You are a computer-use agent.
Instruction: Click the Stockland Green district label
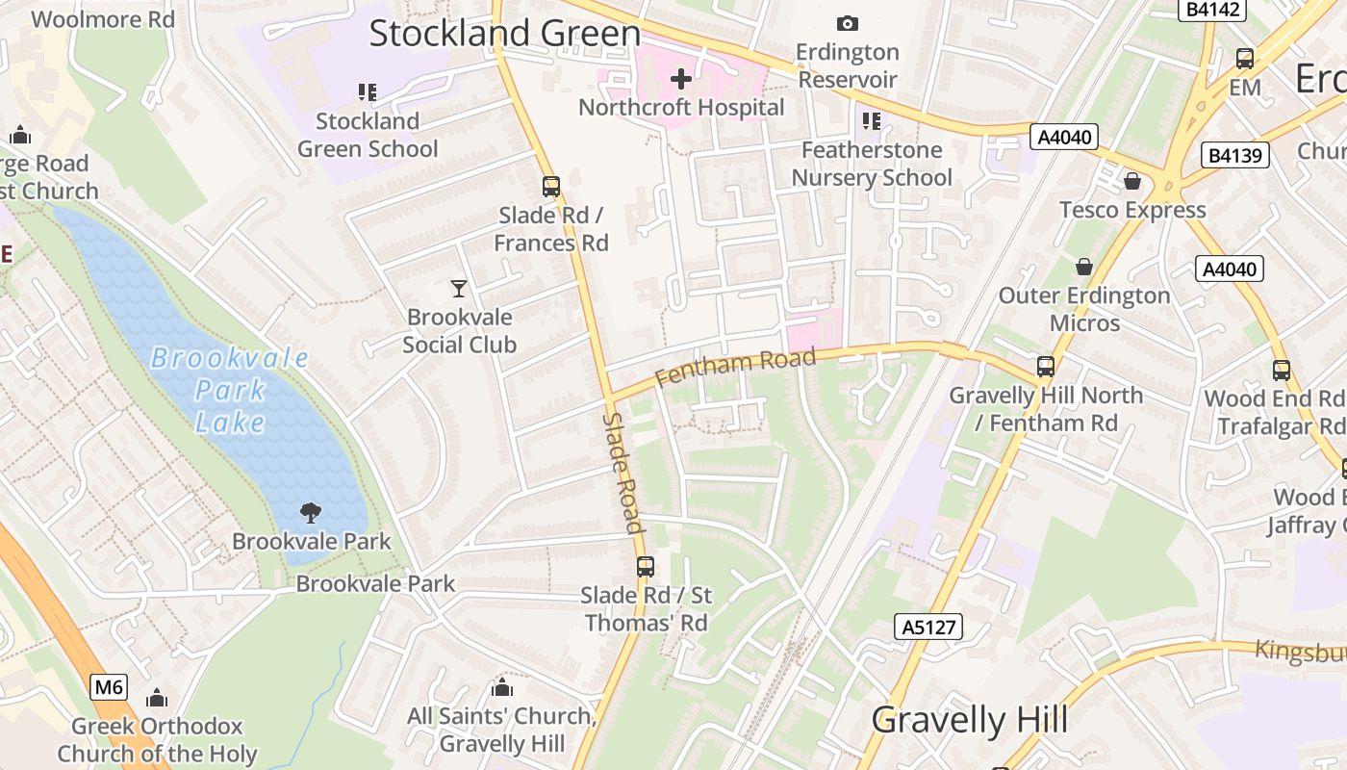point(504,34)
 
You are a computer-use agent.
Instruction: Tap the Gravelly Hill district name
point(969,720)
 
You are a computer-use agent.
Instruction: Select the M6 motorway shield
point(110,687)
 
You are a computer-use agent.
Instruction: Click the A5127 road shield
point(928,628)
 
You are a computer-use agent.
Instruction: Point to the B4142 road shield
point(1212,10)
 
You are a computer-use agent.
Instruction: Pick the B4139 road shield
point(1235,155)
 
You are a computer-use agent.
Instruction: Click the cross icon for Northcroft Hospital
point(681,79)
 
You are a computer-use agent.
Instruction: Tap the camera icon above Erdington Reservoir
point(847,23)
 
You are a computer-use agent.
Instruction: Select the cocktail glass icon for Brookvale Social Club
point(459,288)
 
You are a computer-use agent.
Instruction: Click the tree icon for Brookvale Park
point(311,512)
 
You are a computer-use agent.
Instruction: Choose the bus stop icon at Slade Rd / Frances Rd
point(551,186)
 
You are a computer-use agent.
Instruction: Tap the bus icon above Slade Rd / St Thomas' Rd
point(646,567)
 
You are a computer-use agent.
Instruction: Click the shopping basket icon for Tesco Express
point(1132,181)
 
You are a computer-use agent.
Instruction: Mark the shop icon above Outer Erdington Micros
point(1084,267)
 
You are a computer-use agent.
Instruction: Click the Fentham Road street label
point(736,366)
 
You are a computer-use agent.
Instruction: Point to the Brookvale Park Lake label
point(230,390)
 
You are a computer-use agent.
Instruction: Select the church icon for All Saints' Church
point(501,687)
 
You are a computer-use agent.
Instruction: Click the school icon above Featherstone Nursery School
point(872,121)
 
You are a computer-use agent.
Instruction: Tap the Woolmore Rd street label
point(103,19)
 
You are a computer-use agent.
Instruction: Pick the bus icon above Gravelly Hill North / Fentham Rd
point(1046,367)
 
